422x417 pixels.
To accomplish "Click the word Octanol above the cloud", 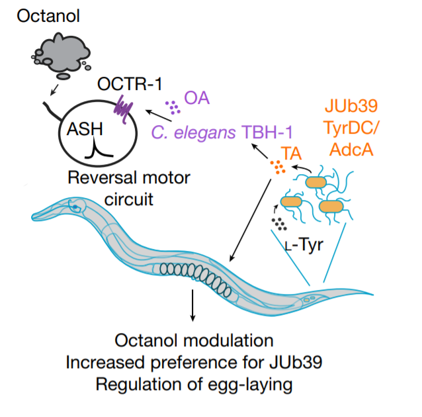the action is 48,16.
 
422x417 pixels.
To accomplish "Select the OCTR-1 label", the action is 130,84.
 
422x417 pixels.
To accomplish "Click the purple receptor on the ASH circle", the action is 123,109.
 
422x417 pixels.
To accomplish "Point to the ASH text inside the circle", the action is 85,129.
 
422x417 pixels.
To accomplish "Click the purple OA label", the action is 196,98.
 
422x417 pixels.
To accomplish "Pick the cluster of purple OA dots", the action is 173,107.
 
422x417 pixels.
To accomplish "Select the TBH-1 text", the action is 267,132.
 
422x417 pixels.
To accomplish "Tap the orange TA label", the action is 291,154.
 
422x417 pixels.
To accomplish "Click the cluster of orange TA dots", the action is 278,167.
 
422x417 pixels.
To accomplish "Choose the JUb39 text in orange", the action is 351,106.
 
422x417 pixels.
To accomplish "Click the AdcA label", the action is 351,150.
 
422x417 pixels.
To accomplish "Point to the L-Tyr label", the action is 304,245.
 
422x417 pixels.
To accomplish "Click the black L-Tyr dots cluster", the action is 279,224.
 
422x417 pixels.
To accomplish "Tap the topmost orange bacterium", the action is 316,183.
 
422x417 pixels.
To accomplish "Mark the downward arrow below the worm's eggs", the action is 192,306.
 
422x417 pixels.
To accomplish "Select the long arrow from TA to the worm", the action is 250,220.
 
